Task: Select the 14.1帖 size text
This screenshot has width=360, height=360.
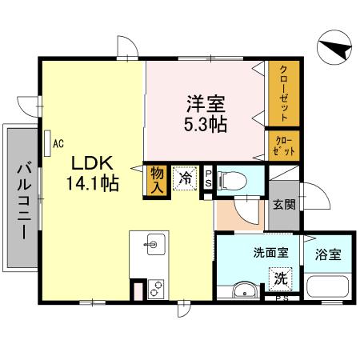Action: tap(93, 182)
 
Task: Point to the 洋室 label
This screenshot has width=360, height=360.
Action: tap(206, 103)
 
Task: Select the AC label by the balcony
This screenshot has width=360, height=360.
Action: tap(58, 144)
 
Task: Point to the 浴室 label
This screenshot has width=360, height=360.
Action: tap(328, 255)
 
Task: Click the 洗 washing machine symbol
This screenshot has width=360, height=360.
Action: tap(281, 278)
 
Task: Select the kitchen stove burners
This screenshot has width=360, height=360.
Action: tap(154, 289)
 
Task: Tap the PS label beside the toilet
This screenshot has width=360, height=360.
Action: tap(209, 178)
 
